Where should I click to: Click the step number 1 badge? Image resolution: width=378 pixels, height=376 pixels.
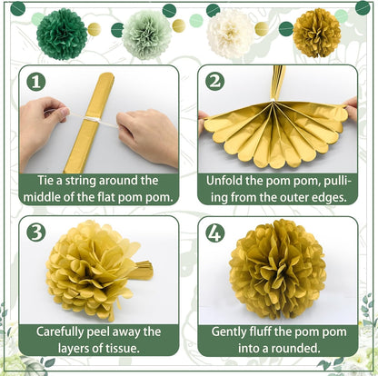point(36,82)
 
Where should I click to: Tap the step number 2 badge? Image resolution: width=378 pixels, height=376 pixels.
point(214,82)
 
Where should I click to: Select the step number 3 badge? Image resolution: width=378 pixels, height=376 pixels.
point(36,232)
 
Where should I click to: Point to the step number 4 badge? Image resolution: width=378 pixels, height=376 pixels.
point(214,232)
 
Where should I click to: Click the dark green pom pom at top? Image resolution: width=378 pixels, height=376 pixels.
point(62,34)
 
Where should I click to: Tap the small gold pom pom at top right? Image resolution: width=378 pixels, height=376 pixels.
point(317,33)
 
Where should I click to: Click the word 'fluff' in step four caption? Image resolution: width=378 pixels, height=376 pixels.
point(264,331)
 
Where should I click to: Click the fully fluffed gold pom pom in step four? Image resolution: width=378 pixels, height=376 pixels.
point(277,269)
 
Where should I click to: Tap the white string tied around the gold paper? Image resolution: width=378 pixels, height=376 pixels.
point(92,118)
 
